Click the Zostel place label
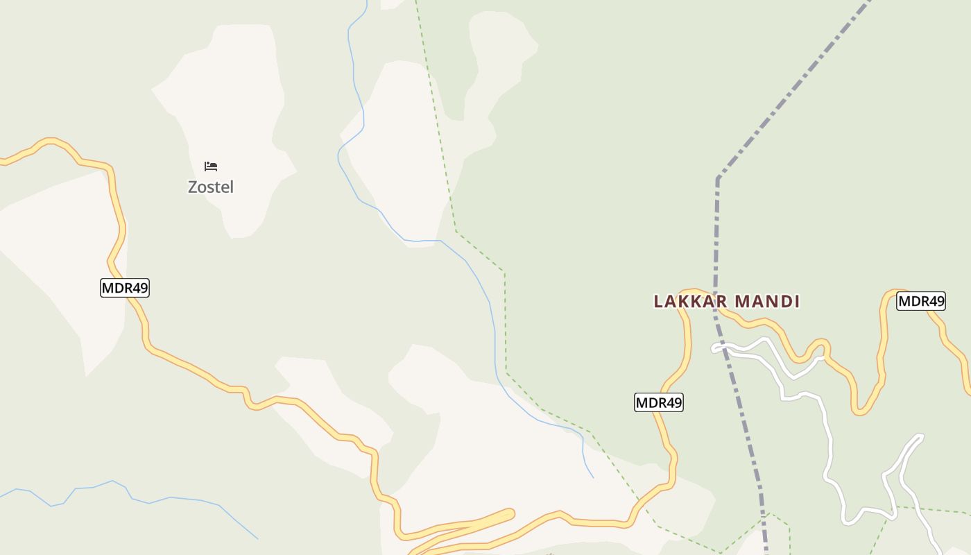211,187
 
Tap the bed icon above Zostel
211,166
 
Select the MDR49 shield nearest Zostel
125,288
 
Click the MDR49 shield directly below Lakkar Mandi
659,402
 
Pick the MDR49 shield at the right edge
921,301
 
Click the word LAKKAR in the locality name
691,301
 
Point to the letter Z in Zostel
193,187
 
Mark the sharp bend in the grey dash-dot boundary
718,178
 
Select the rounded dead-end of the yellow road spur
510,514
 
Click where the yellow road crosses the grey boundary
715,302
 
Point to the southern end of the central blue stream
592,477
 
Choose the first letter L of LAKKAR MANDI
658,301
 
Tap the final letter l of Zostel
231,187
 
